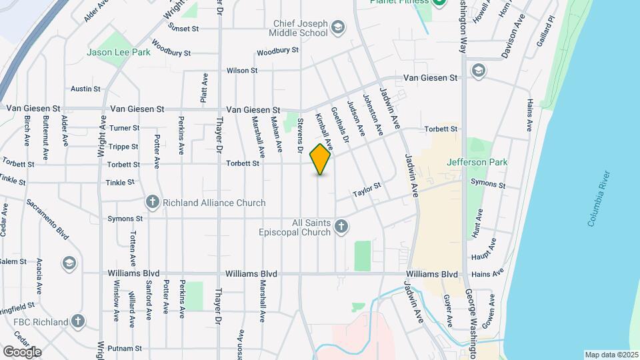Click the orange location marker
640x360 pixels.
click(321, 159)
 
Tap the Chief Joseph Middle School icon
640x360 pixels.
click(338, 27)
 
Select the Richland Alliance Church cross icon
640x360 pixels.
click(152, 202)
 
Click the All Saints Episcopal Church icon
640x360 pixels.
click(341, 227)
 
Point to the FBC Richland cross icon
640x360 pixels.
click(78, 321)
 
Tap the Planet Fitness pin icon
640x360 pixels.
click(439, 3)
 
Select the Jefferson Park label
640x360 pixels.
click(477, 162)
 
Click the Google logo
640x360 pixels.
click(22, 351)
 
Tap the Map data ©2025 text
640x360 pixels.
click(610, 355)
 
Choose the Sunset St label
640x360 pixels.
click(184, 29)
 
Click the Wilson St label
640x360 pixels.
click(241, 70)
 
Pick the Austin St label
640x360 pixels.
click(85, 88)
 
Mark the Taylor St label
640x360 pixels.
click(366, 190)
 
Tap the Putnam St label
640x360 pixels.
click(125, 348)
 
